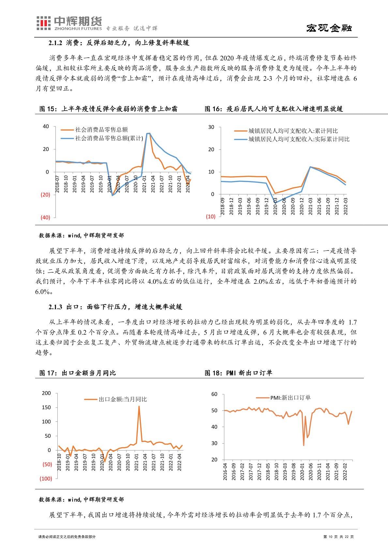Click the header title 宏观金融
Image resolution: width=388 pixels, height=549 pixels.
329,28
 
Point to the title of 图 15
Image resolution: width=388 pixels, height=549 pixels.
108,109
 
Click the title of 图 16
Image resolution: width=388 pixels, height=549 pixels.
274,109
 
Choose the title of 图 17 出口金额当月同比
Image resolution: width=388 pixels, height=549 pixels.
77,373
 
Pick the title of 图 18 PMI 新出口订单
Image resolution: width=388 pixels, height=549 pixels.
238,373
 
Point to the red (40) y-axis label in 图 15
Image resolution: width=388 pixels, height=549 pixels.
45,217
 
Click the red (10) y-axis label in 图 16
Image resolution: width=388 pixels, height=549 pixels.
211,217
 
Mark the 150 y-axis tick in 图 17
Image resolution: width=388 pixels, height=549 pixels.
47,407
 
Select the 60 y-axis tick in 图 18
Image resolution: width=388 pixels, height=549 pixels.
214,394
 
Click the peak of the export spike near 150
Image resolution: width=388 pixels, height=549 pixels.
139,406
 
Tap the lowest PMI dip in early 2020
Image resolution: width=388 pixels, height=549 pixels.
304,445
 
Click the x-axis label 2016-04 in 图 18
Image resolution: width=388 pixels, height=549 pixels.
225,471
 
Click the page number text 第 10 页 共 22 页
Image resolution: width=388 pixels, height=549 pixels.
338,537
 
